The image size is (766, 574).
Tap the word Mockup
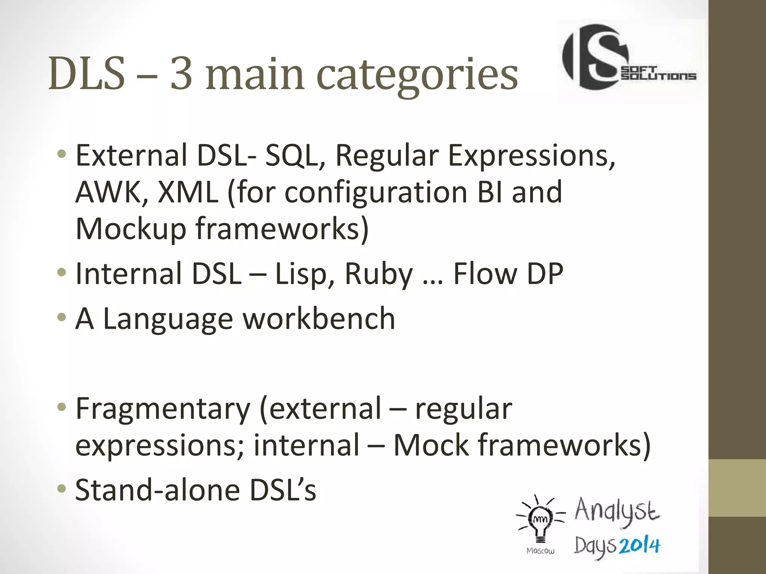click(131, 229)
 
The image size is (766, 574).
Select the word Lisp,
click(305, 274)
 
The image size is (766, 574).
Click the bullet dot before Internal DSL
click(62, 272)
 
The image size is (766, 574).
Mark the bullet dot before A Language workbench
click(62, 318)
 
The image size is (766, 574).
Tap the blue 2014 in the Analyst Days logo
click(639, 546)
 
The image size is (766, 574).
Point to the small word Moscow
click(540, 551)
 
